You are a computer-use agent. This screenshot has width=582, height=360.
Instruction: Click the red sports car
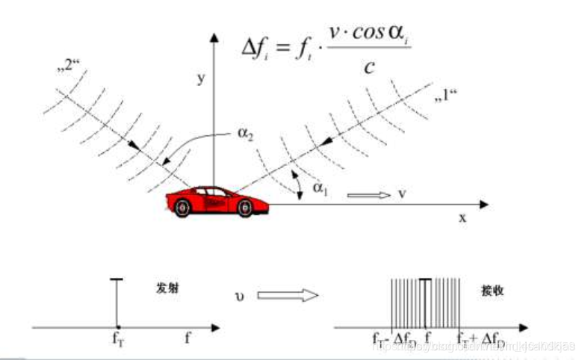217,199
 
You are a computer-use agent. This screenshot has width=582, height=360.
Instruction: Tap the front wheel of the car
245,208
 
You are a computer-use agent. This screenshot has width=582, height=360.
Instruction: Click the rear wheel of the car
183,210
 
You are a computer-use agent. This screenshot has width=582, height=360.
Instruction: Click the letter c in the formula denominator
368,67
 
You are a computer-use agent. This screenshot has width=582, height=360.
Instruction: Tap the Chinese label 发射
167,288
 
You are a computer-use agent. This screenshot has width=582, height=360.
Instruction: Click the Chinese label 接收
493,289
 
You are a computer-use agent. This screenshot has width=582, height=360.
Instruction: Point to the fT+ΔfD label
480,339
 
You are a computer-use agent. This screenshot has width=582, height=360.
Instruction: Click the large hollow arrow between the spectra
288,296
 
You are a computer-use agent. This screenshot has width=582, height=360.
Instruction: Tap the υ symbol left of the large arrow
238,297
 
